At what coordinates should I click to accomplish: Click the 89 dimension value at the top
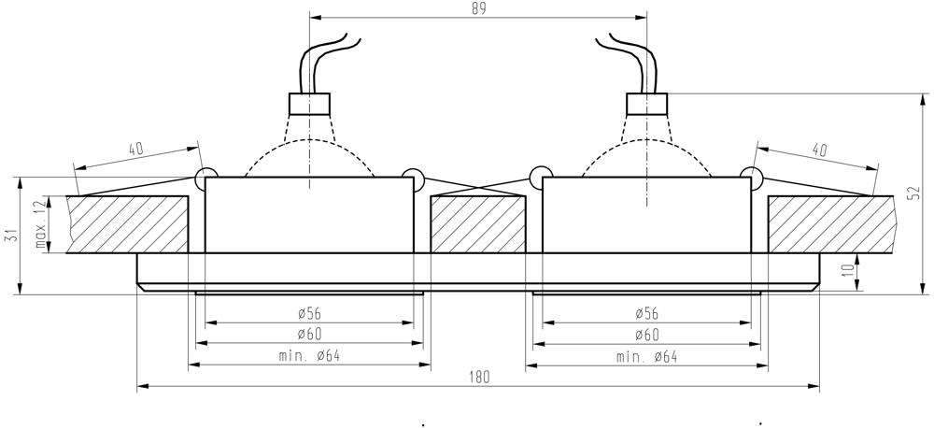479,8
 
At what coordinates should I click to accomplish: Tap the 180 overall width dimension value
478,377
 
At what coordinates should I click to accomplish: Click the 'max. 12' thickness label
40,223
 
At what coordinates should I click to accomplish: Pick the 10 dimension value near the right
847,273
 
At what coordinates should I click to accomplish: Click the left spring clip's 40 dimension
135,148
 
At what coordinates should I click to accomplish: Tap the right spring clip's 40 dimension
819,150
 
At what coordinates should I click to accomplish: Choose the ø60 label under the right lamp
647,335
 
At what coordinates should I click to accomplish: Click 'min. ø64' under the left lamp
309,356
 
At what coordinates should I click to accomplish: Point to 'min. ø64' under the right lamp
647,356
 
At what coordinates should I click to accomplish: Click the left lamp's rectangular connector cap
310,103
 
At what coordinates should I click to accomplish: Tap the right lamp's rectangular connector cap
646,103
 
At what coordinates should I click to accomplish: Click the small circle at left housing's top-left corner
205,176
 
